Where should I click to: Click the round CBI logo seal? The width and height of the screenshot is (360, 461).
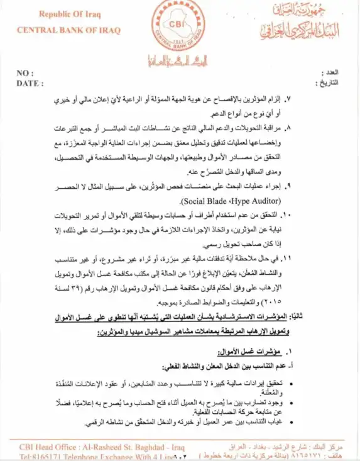pyautogui.click(x=178, y=26)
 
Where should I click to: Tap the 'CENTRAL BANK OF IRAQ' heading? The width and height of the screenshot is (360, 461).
pyautogui.click(x=68, y=30)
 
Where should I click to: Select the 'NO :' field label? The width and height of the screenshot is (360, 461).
pyautogui.click(x=25, y=74)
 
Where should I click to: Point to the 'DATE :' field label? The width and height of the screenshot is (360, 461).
pyautogui.click(x=29, y=82)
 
